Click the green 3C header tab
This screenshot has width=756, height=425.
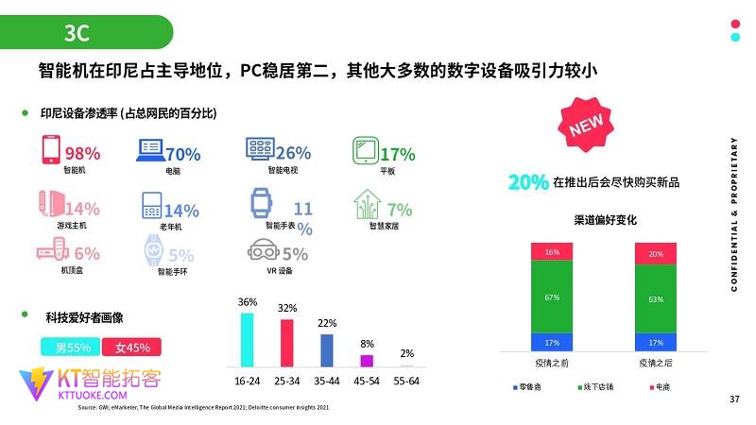85,33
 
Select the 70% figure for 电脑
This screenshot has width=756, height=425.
182,154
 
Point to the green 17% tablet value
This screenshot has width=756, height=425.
397,154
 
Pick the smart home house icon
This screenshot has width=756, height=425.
368,204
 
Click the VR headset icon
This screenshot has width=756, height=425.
265,252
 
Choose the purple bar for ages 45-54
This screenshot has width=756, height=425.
367,360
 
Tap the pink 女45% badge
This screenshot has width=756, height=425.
131,347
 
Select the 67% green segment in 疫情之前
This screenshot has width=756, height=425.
552,297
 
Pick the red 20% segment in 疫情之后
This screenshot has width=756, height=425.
655,254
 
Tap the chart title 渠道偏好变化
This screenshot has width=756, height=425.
605,221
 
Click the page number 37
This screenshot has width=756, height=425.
734,399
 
